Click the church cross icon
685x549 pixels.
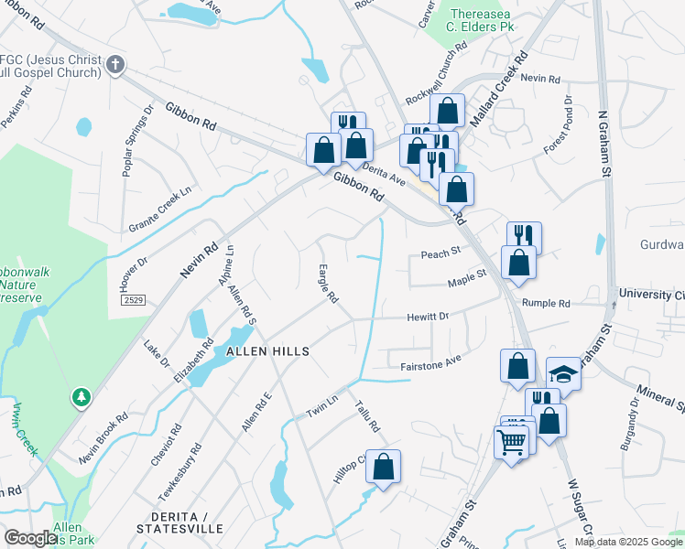pos(114,64)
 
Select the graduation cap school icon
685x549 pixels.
pos(563,372)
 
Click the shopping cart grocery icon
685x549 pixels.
pos(511,442)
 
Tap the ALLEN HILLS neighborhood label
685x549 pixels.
pos(262,351)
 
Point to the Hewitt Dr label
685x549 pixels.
pos(428,317)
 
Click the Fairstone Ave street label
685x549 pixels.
pos(429,365)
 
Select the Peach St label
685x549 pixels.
pos(440,253)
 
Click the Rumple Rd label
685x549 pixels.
pos(546,303)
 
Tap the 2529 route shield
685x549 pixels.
pos(133,299)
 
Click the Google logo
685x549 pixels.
pos(29,538)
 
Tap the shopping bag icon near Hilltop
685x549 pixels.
pos(384,466)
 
